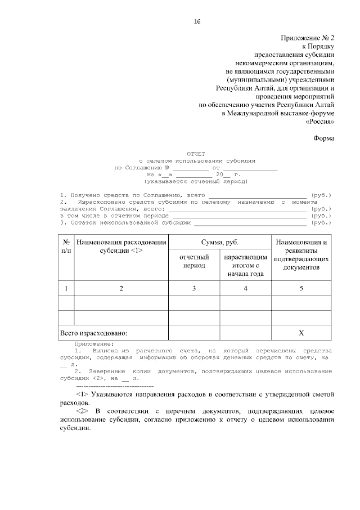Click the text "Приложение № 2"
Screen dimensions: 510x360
tap(308, 38)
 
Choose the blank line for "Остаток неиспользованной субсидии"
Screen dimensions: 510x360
tap(251, 222)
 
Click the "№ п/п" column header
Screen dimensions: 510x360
tap(66, 246)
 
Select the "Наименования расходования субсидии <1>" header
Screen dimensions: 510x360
tap(121, 246)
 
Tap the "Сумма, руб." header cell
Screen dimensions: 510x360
tap(220, 242)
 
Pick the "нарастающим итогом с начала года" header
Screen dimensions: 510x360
tap(245, 265)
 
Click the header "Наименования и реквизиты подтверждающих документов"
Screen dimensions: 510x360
tap(301, 255)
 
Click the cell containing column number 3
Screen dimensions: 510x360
tap(194, 288)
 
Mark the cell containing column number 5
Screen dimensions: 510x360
tap(301, 288)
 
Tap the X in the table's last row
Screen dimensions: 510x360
tap(301, 333)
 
